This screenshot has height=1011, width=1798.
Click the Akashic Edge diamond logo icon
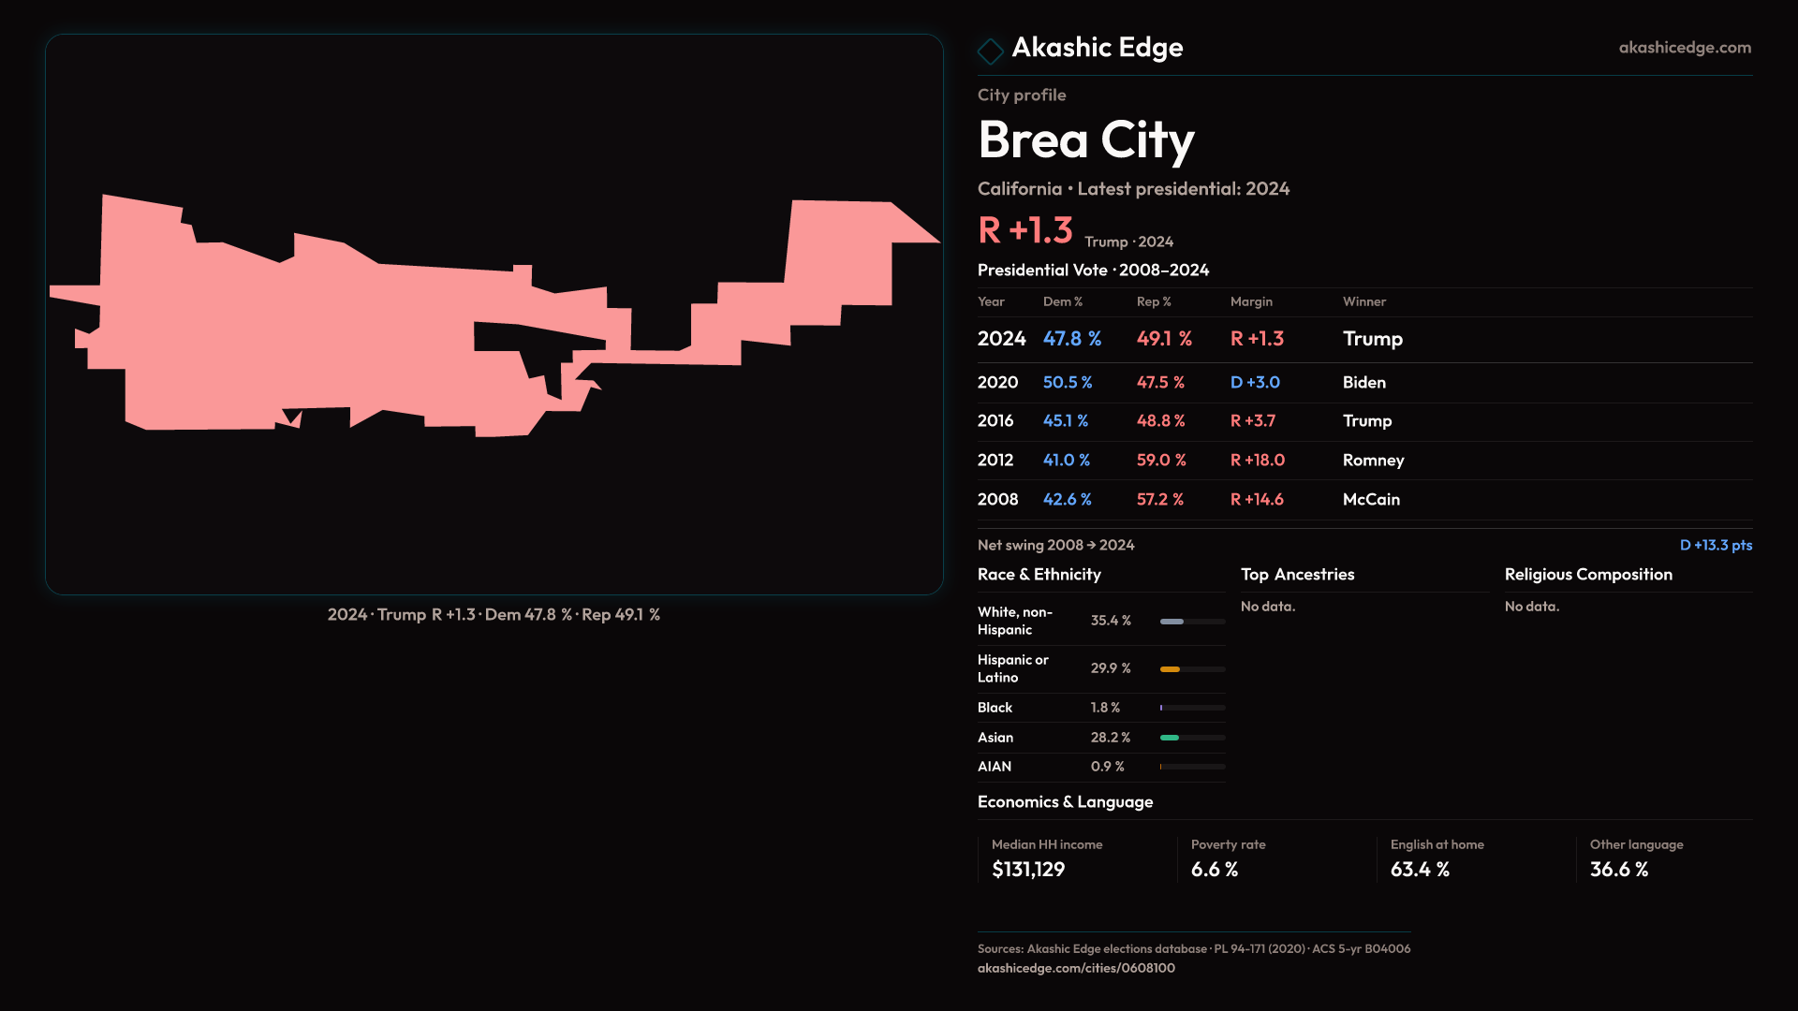(x=990, y=51)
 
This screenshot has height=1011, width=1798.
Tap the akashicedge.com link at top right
(x=1684, y=48)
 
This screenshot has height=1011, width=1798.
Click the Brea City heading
(x=1085, y=140)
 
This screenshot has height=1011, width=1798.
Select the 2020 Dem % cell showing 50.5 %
(x=1068, y=383)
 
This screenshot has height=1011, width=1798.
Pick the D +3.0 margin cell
(x=1255, y=383)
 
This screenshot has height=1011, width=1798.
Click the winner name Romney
(x=1373, y=461)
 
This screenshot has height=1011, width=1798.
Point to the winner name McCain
(x=1371, y=500)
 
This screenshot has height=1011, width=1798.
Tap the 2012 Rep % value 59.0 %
(x=1161, y=461)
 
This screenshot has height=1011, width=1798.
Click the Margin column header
(x=1251, y=301)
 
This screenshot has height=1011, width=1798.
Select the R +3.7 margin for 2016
(x=1253, y=421)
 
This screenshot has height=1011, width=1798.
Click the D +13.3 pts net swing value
(x=1716, y=545)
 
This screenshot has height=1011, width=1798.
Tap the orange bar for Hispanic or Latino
(x=1170, y=669)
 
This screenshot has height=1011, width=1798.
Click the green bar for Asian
(x=1170, y=738)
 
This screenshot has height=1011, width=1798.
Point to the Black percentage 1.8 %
(x=1105, y=708)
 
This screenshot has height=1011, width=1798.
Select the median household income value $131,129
(x=1028, y=870)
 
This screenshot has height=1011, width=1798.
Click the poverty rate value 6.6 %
(x=1215, y=870)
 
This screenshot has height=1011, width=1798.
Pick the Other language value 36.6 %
(x=1619, y=870)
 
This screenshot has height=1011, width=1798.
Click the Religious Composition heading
(x=1588, y=575)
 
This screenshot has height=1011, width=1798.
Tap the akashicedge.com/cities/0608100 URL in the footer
(x=1076, y=968)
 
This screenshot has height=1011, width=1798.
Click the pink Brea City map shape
(x=375, y=337)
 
